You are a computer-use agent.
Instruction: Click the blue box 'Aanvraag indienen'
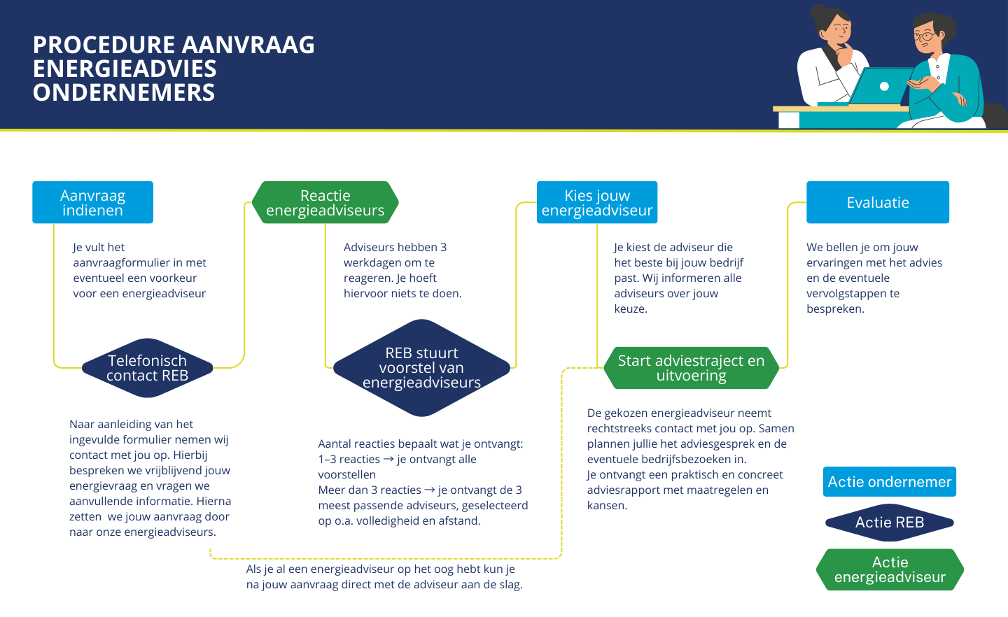click(92, 203)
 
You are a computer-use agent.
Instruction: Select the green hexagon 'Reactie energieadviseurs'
click(325, 203)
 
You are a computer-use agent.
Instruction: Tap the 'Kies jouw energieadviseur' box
click(596, 203)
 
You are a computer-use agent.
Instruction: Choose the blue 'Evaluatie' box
click(877, 203)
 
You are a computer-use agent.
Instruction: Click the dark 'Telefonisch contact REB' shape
click(147, 368)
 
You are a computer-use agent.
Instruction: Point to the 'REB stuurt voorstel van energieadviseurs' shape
click(421, 368)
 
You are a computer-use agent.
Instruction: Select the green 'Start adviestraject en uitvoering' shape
click(691, 368)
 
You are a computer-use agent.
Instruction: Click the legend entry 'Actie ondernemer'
click(889, 482)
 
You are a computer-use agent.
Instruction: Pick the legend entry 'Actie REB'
click(889, 523)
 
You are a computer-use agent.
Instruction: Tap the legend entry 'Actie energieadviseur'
click(890, 569)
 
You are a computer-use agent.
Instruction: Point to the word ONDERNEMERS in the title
click(124, 92)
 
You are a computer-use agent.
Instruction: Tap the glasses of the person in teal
click(925, 35)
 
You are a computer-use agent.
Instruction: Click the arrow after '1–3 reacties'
click(388, 460)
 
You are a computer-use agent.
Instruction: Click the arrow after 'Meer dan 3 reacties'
click(430, 490)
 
